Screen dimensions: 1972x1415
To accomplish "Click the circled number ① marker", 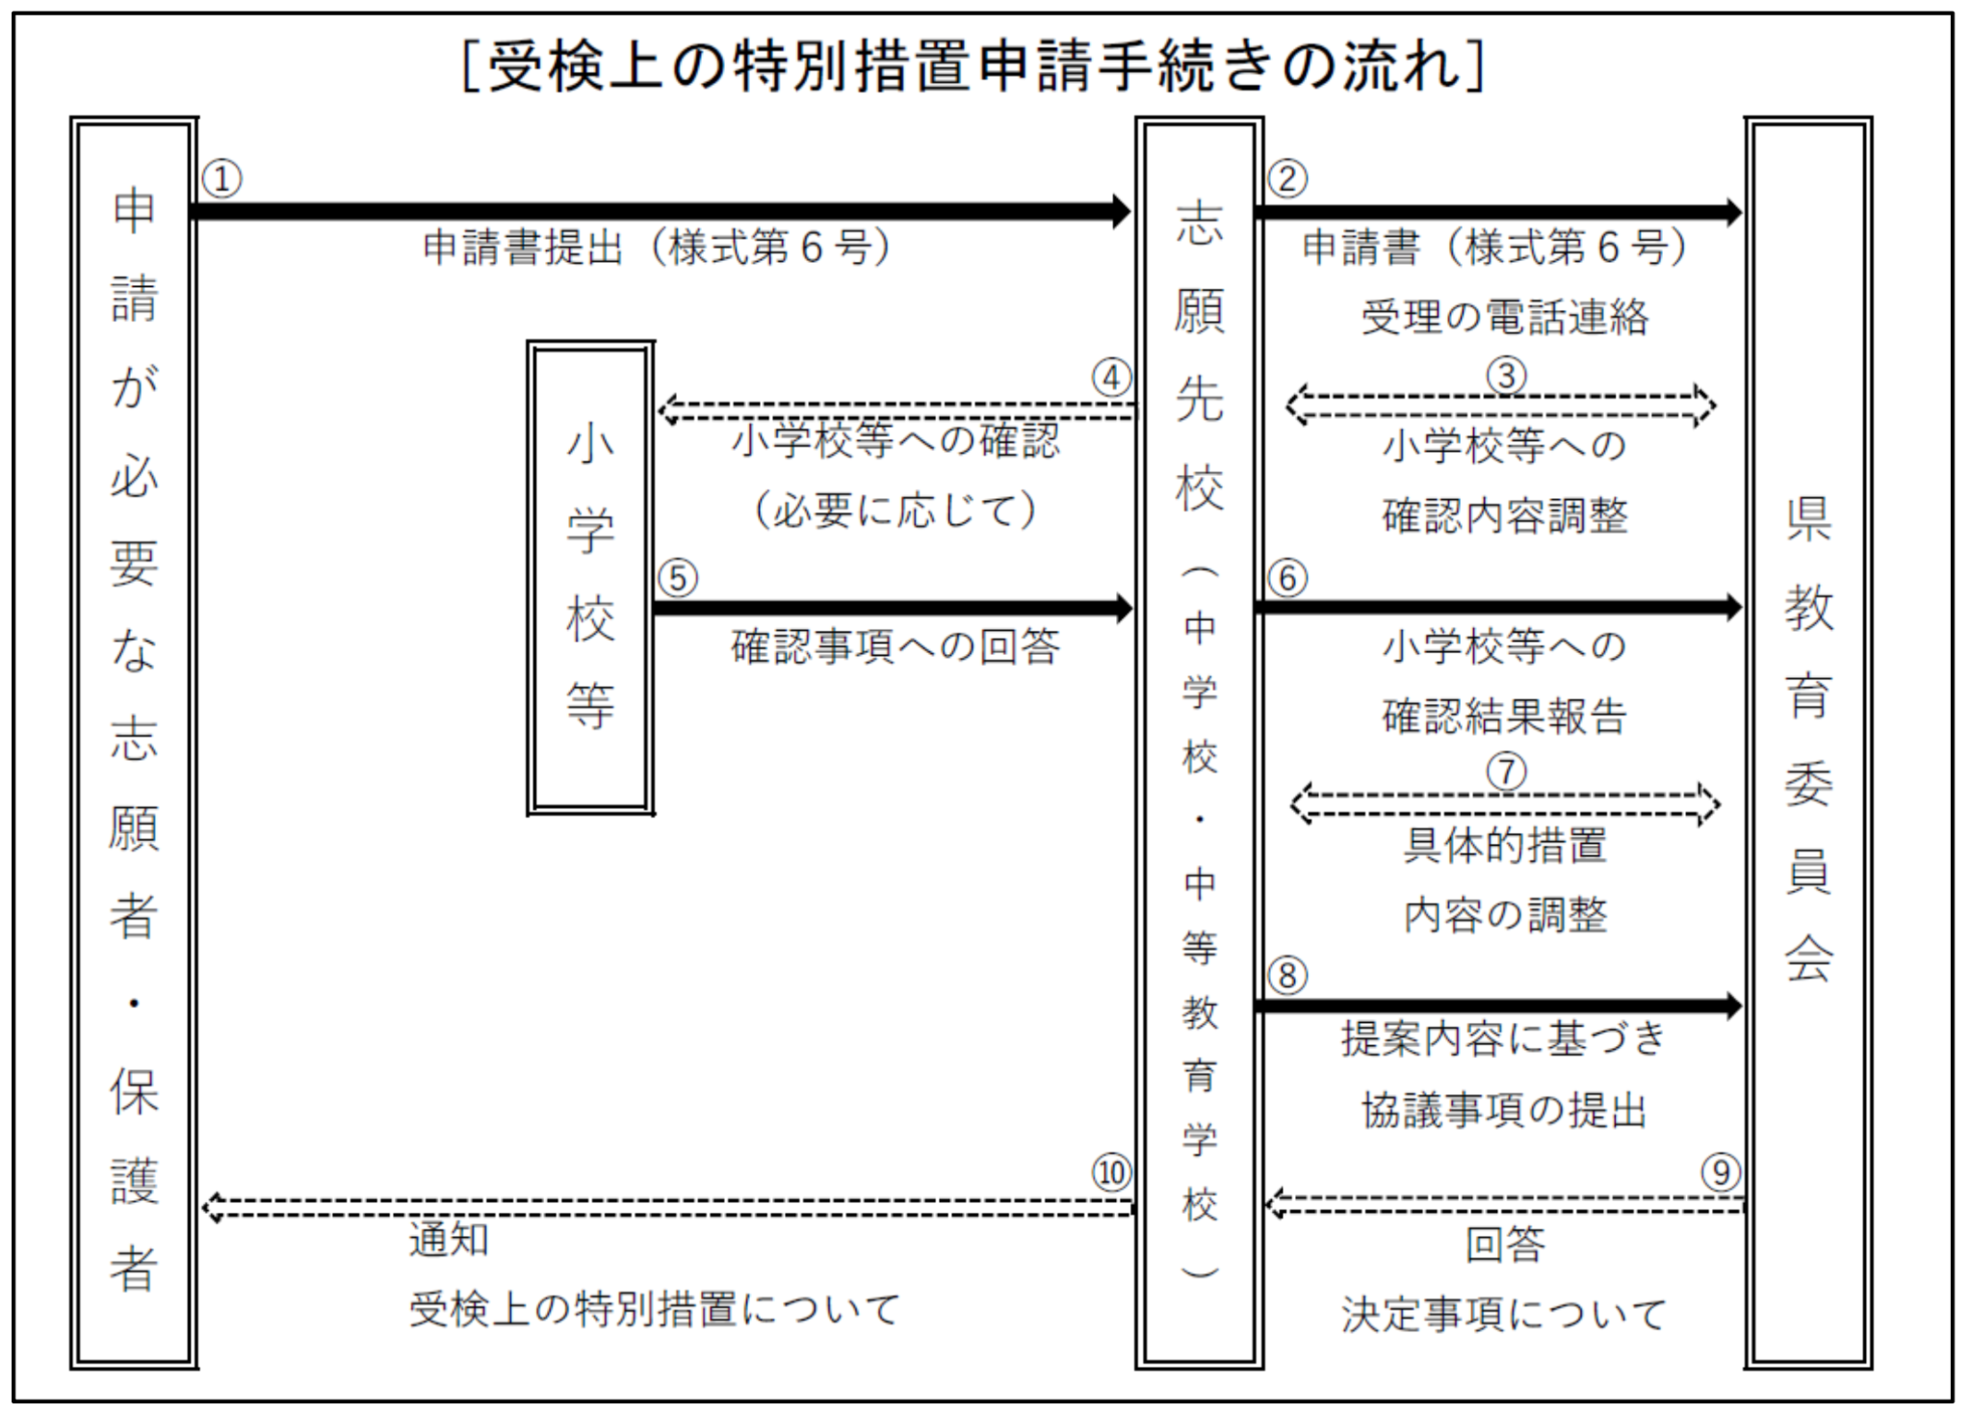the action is coord(222,179).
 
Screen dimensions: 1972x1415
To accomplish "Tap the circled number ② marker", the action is coord(1287,179).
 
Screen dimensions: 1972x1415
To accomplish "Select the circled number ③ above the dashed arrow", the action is coord(1506,376).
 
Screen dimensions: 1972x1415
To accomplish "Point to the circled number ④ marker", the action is coord(1112,378).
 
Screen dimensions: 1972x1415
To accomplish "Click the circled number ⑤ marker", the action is coord(678,579).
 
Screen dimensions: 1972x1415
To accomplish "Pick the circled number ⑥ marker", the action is coord(1287,578).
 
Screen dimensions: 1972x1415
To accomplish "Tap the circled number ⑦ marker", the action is coord(1507,772).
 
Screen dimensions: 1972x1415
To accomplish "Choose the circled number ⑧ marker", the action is coord(1287,976).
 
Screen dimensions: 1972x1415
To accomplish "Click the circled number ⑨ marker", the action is coord(1722,1172).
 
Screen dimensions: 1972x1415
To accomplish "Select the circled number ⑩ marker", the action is coord(1112,1172).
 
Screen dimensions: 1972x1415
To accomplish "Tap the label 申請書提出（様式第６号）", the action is coord(657,248).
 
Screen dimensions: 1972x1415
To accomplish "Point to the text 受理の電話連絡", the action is coord(1505,317).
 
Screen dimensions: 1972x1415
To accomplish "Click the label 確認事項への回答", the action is coord(895,646).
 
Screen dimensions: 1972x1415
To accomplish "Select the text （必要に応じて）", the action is coord(895,510).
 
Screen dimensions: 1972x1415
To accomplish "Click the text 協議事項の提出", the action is coord(1505,1111).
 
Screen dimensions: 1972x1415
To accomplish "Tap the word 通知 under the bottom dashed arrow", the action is coord(450,1240).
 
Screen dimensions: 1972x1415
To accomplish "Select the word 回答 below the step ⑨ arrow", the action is coord(1506,1245).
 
